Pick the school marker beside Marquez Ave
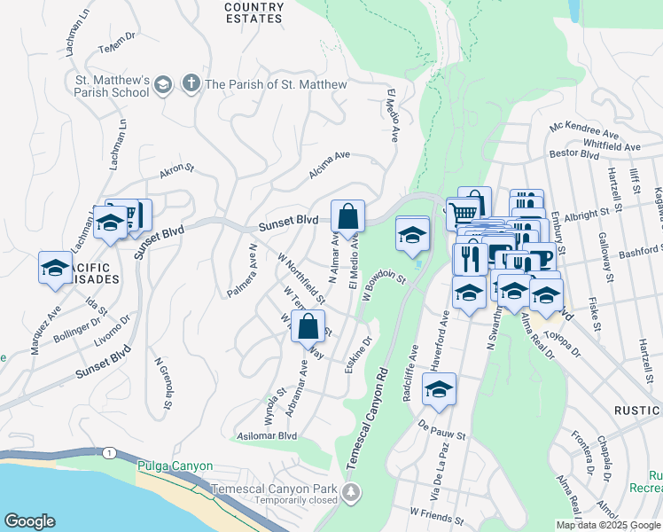tap(55, 269)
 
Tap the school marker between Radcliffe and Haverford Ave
tap(439, 389)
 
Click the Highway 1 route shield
tap(107, 453)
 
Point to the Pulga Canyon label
tap(175, 466)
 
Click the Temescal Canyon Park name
tap(274, 489)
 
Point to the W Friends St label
tap(436, 512)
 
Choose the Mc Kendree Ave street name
tap(582, 130)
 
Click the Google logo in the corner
tap(29, 521)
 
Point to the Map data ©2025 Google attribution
tap(608, 525)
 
